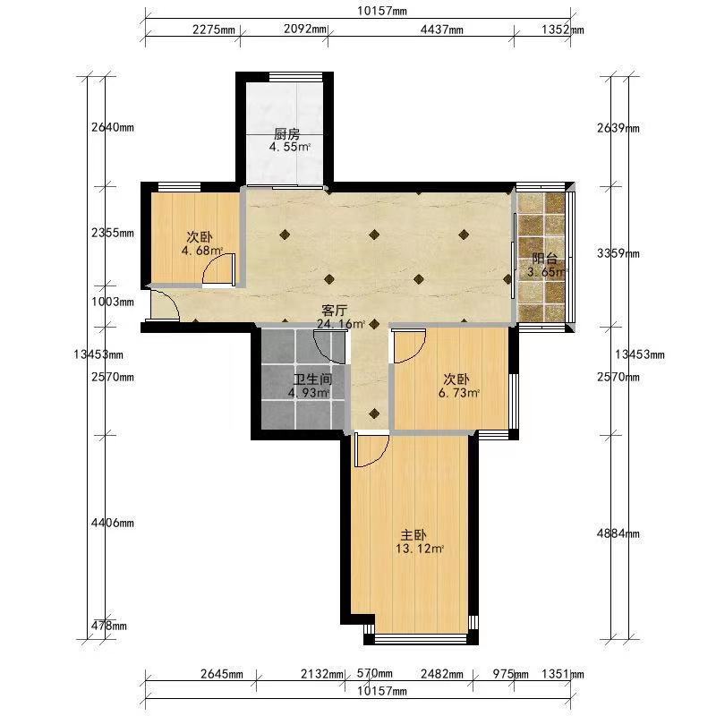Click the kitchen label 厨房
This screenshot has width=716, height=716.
(286, 134)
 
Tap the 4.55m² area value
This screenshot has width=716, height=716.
(289, 147)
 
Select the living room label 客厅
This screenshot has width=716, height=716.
(334, 311)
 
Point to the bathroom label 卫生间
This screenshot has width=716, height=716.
(312, 379)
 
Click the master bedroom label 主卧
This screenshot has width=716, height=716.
(413, 535)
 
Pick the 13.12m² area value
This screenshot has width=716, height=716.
(420, 549)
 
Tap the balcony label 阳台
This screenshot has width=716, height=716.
(545, 259)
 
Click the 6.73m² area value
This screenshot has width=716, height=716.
(458, 393)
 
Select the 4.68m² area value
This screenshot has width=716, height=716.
(202, 251)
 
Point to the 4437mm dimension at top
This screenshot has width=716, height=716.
(441, 30)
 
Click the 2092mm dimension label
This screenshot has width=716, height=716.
(305, 29)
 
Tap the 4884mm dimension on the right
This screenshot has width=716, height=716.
(618, 533)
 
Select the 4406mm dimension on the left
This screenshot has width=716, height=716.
(113, 523)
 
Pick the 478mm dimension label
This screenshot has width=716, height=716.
(108, 626)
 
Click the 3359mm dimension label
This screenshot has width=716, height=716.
(618, 253)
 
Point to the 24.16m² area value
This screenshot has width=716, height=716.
(341, 324)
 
